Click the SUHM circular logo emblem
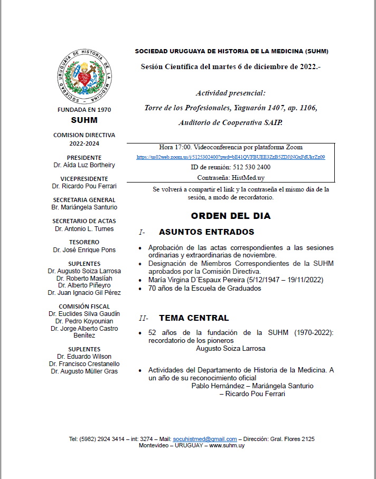[84, 75]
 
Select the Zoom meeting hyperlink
[230, 157]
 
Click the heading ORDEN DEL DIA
[231, 216]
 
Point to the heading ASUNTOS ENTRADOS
[199, 232]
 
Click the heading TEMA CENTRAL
[194, 318]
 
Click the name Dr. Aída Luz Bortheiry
[84, 165]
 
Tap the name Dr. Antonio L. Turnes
[84, 229]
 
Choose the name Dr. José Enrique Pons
[84, 250]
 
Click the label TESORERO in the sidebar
[84, 243]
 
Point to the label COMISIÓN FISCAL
[84, 306]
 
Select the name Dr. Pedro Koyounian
[84, 321]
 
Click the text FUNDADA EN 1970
[84, 110]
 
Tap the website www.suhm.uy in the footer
[227, 446]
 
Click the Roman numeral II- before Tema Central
[143, 319]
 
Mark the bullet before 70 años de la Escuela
[139, 289]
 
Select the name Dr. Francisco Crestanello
[84, 364]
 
